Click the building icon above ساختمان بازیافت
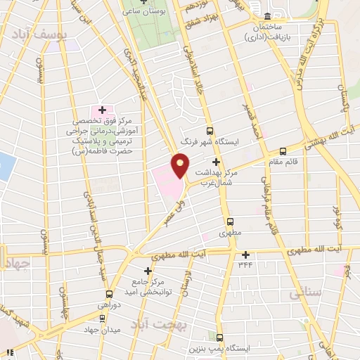[x=268, y=17]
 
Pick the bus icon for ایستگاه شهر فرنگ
[x=210, y=131]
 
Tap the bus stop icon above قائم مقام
[x=283, y=150]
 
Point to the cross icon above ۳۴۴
[x=245, y=255]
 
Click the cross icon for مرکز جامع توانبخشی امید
[x=148, y=270]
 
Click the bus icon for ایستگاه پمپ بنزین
[x=220, y=337]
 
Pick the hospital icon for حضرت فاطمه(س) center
[x=103, y=110]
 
